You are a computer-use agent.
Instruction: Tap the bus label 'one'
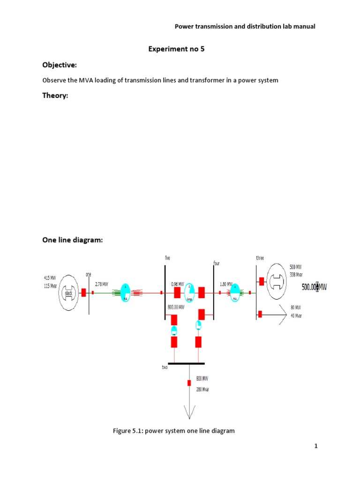[x=88, y=274]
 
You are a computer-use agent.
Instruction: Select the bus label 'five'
[x=167, y=258]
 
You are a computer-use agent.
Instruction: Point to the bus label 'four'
[x=217, y=263]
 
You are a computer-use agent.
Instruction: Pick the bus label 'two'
[x=165, y=368]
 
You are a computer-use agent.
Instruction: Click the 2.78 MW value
[x=101, y=284]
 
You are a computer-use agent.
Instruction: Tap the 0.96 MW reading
[x=177, y=284]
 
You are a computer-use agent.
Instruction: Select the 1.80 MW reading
[x=226, y=284]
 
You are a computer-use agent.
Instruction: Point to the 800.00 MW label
[x=176, y=307]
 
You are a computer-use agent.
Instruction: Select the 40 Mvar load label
[x=296, y=315]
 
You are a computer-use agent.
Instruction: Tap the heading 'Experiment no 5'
[x=176, y=48]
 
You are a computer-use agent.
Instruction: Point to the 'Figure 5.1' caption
[x=173, y=430]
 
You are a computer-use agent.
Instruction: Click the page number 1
[x=316, y=446]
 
